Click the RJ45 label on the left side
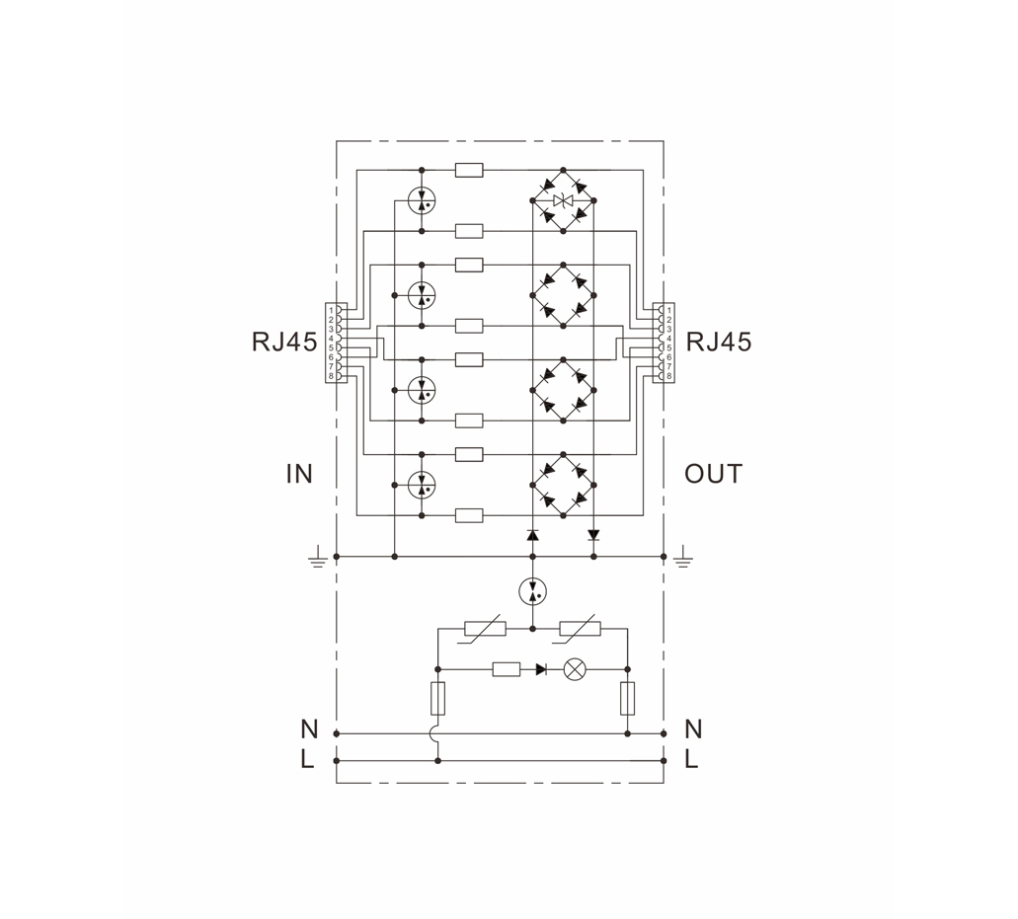tap(284, 342)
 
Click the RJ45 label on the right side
tap(719, 342)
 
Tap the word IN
tap(299, 475)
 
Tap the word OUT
tap(713, 475)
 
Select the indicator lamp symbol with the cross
tap(574, 669)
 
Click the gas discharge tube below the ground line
tap(533, 592)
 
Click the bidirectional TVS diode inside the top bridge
tap(563, 200)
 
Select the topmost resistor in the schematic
tap(469, 171)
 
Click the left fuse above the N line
tap(438, 698)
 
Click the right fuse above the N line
tap(628, 698)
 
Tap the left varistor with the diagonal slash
tap(485, 629)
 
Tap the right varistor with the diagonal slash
tap(580, 629)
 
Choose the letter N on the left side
tap(310, 729)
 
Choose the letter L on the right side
tap(691, 759)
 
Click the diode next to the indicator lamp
tap(541, 669)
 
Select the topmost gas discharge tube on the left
tap(422, 200)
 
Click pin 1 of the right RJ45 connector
tap(665, 311)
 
